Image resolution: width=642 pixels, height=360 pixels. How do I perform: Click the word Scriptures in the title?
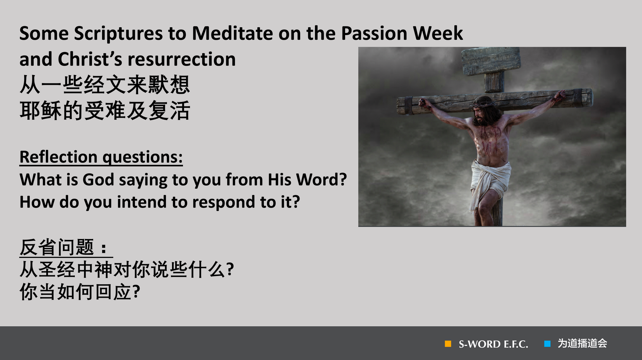(118, 34)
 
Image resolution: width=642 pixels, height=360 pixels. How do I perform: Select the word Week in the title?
(438, 33)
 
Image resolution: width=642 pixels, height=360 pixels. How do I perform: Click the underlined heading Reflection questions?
(101, 157)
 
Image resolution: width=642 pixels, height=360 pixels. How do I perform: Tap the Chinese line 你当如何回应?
(80, 292)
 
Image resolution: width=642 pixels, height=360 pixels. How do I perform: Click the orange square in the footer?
(448, 344)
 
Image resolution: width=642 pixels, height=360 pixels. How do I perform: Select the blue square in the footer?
(547, 344)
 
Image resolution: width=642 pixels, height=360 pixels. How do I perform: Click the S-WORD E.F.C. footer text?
(493, 344)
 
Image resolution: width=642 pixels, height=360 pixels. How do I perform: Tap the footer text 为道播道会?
(582, 344)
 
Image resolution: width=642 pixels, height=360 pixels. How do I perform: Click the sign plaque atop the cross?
(490, 61)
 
